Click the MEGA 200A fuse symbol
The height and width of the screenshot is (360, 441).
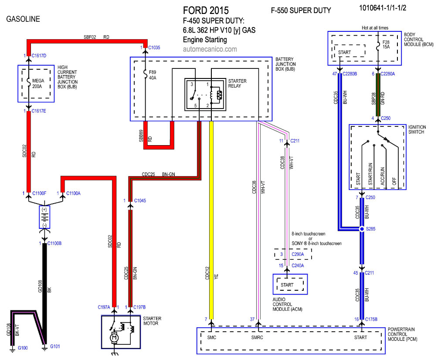coord(29,81)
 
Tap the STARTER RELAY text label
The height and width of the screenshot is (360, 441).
coord(237,84)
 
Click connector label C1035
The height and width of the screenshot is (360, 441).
coord(155,47)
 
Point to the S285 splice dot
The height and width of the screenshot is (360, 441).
coord(362,229)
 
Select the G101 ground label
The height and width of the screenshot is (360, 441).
coord(55,346)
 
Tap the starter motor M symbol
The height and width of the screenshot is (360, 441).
coord(114,337)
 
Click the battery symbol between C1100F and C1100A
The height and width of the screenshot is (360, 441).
coord(44,217)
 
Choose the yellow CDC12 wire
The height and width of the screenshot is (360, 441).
coord(212,218)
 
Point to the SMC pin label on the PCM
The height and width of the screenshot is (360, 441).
coord(212,337)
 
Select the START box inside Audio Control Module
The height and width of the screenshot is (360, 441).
coord(287,285)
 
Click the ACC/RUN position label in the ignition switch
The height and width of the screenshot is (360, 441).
coord(383,177)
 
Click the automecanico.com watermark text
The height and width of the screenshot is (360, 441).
coord(210,49)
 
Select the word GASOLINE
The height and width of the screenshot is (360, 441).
coord(24,19)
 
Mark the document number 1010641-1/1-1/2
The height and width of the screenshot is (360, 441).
coord(386,7)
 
